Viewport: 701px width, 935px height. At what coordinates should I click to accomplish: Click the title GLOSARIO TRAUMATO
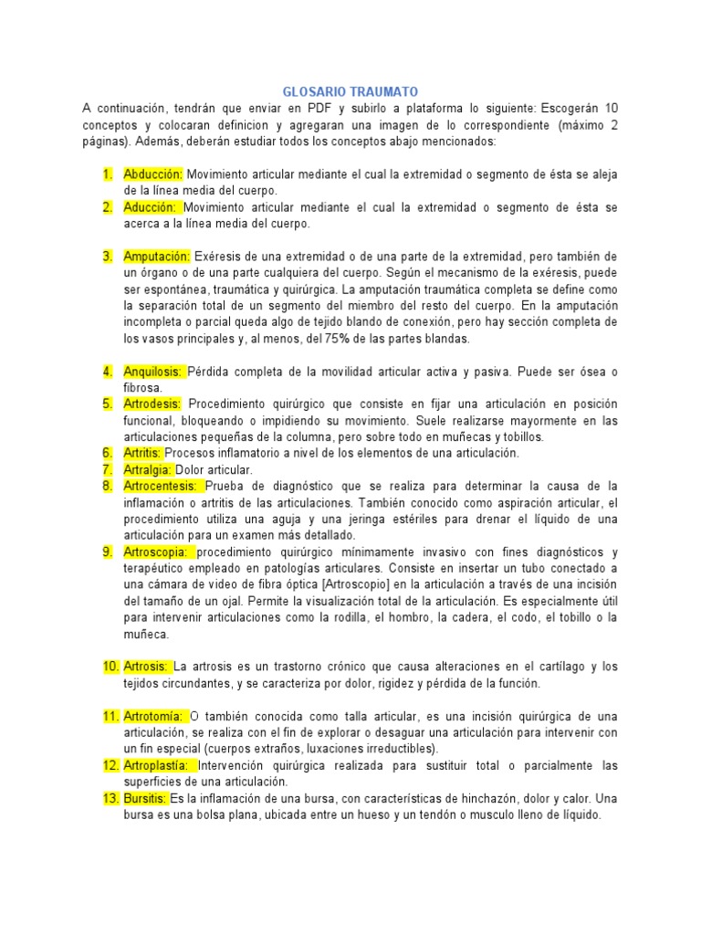tap(350, 92)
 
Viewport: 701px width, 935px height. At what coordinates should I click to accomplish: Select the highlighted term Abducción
tap(153, 174)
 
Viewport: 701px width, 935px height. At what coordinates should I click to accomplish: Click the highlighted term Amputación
tap(157, 257)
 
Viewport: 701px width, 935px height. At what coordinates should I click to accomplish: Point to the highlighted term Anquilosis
tap(153, 372)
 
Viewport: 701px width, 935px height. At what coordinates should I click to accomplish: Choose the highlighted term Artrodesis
tap(153, 404)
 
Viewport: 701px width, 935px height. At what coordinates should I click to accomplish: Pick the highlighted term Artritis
tap(143, 453)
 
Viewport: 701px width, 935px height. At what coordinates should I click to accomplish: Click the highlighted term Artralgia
tap(147, 469)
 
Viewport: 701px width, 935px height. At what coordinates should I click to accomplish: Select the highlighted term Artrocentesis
tap(161, 486)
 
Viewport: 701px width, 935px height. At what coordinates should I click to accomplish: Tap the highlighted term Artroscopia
tap(157, 552)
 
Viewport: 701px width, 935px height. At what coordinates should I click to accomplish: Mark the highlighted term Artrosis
tap(146, 667)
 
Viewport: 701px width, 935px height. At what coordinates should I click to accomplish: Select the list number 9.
tap(107, 552)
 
